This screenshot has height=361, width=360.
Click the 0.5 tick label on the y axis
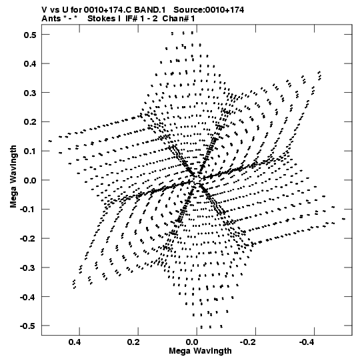(x=30, y=35)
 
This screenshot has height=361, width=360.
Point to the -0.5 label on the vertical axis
(x=28, y=326)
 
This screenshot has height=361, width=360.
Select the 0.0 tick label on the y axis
(x=30, y=180)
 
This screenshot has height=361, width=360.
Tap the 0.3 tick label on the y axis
(x=30, y=93)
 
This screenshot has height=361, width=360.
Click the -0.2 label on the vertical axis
(x=28, y=238)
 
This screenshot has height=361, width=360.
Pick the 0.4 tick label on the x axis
(x=75, y=342)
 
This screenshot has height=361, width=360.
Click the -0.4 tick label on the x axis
(x=307, y=342)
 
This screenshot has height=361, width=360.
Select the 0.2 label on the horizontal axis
(x=133, y=342)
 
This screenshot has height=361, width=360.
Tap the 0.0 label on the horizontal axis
(x=192, y=342)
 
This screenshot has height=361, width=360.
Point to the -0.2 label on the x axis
(x=249, y=342)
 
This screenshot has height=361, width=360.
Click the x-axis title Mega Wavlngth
(x=200, y=352)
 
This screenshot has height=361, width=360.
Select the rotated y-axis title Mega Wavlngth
(x=13, y=177)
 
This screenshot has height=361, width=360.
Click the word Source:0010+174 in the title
(x=209, y=10)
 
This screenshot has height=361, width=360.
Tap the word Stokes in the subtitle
(x=101, y=19)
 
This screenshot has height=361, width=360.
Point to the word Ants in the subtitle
(x=51, y=19)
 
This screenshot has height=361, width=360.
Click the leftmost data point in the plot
(x=50, y=141)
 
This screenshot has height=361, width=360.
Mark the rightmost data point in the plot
(x=344, y=219)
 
